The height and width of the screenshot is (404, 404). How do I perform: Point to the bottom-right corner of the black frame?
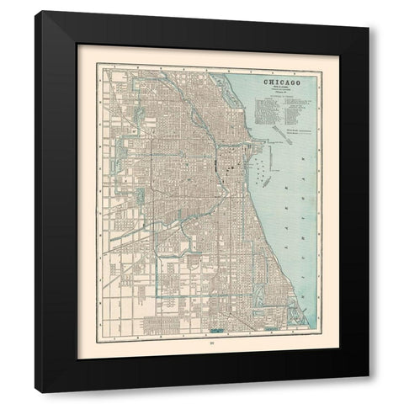tap(368, 375)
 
